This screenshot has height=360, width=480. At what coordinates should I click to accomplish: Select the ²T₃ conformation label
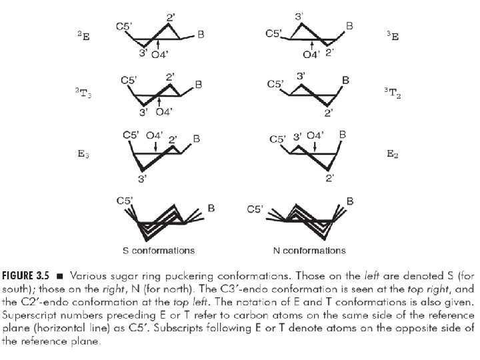[83, 95]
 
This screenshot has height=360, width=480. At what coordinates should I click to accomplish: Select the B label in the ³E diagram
[349, 26]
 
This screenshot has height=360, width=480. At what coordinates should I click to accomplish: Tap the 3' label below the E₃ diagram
[142, 178]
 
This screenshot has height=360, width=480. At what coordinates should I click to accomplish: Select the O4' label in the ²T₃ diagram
[164, 111]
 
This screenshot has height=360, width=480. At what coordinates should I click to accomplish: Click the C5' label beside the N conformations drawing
[255, 209]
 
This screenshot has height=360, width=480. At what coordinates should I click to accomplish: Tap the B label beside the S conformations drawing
[211, 209]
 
